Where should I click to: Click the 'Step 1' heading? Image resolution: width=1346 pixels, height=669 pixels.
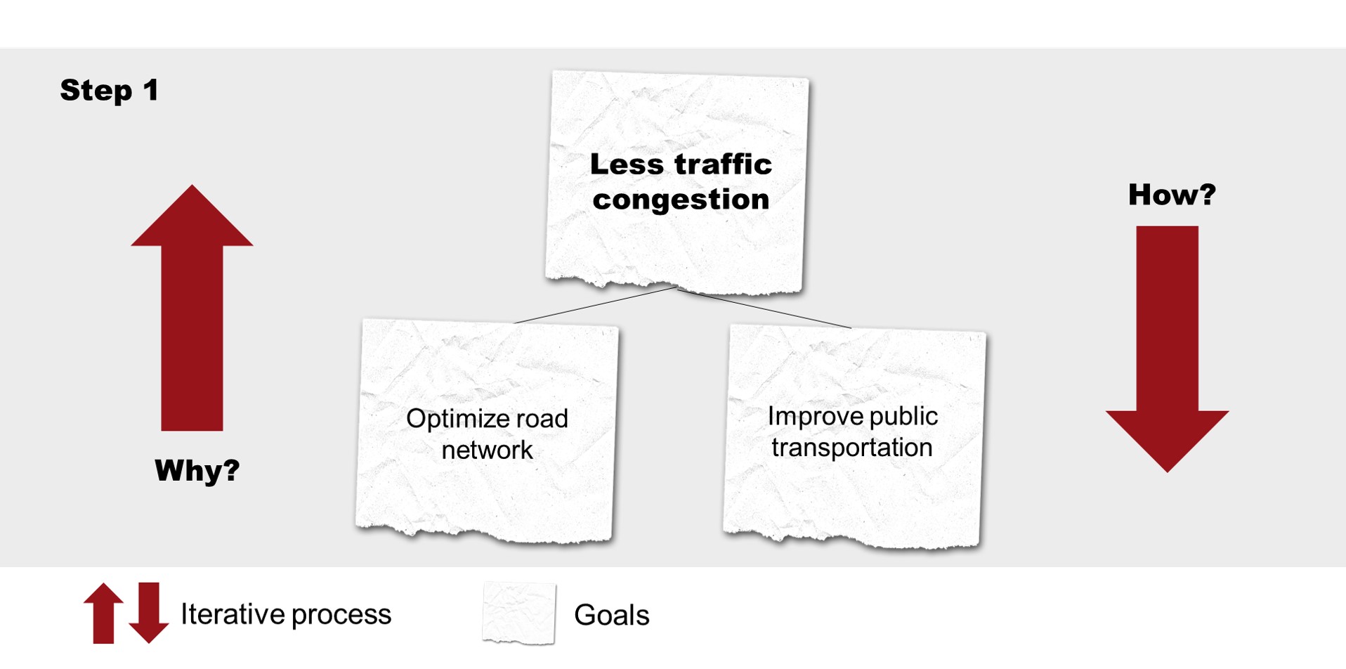[109, 91]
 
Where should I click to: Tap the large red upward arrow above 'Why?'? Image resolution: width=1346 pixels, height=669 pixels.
[192, 308]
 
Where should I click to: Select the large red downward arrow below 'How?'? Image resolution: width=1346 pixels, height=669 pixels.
[1167, 349]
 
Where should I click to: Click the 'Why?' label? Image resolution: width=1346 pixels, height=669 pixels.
[197, 470]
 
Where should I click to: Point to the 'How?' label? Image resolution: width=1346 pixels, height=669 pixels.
[1172, 195]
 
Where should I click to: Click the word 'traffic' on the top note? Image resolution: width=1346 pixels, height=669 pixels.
[723, 164]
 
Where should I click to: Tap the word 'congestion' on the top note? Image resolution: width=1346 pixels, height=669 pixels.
[681, 200]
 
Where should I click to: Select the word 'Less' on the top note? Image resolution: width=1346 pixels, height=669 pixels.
[627, 164]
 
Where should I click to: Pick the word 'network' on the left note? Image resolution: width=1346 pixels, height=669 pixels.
[487, 450]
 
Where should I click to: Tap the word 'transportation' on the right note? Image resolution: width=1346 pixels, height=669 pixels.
[851, 448]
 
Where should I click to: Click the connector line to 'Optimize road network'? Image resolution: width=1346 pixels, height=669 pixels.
[596, 304]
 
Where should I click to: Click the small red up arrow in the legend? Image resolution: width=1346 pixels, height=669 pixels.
[103, 613]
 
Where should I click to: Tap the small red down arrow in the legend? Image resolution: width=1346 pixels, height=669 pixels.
[149, 613]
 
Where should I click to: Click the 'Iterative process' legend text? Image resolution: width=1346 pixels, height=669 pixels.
[286, 614]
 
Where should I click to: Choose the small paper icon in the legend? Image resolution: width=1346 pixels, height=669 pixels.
[519, 613]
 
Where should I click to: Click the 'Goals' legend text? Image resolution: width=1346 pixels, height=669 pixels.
[611, 615]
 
